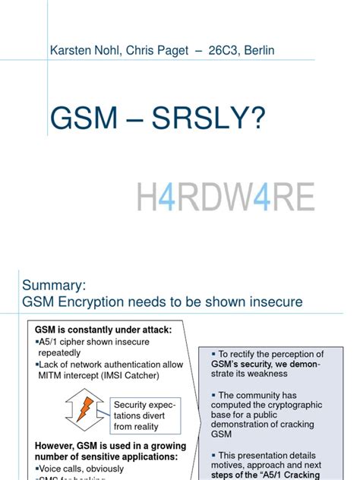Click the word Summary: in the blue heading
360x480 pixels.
[x=54, y=285]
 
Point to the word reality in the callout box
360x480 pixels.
[x=154, y=427]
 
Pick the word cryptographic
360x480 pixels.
[x=289, y=406]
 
